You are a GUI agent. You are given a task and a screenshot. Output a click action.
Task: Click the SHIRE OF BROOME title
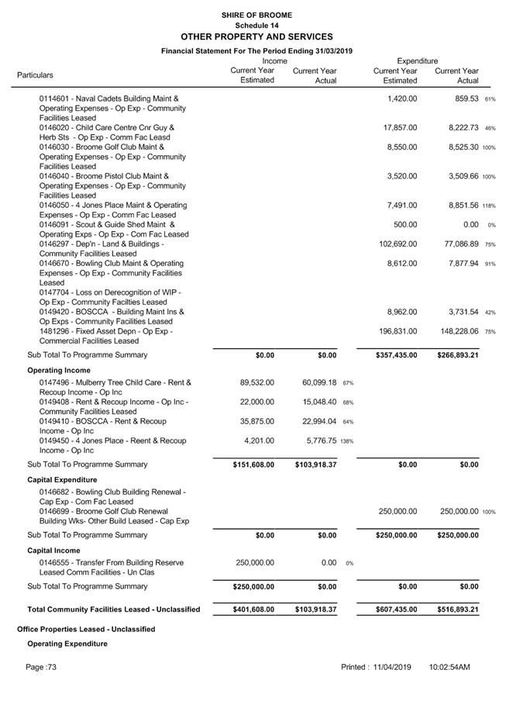[256, 15]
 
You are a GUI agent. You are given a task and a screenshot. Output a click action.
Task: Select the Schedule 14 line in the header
[256, 26]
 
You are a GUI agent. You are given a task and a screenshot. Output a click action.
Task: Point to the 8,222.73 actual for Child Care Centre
[459, 128]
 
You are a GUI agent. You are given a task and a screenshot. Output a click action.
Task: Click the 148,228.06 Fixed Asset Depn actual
[456, 331]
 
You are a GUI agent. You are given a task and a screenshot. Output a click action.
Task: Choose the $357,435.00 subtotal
[395, 355]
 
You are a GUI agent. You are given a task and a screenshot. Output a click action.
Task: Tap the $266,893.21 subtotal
[456, 355]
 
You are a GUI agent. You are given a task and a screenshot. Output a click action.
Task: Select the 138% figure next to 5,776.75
[347, 441]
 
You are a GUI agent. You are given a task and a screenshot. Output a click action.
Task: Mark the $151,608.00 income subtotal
[253, 465]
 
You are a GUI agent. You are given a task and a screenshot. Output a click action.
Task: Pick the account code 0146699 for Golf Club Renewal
[55, 512]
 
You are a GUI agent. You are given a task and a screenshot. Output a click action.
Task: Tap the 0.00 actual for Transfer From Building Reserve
[329, 563]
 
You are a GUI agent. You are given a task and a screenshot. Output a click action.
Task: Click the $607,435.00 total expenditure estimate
[395, 610]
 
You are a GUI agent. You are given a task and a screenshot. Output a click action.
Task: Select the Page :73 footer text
[41, 667]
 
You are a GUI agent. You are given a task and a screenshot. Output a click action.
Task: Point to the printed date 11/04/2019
[391, 667]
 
